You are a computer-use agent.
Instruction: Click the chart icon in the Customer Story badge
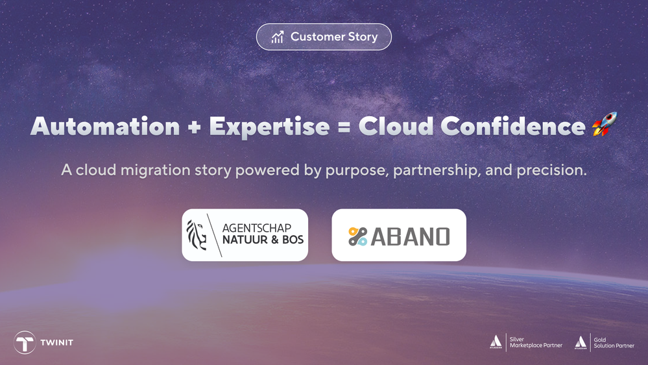(x=278, y=37)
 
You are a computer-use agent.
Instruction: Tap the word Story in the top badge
(x=363, y=37)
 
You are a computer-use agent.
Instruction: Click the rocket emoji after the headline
(x=605, y=124)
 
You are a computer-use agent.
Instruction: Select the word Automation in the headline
(x=105, y=126)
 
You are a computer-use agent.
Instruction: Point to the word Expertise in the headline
(x=269, y=127)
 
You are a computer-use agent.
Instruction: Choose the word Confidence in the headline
(x=513, y=126)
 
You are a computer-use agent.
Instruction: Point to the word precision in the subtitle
(x=552, y=171)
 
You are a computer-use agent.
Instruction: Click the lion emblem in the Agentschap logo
(x=197, y=234)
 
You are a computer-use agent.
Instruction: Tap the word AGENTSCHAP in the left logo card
(x=257, y=227)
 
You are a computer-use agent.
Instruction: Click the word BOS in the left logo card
(x=293, y=240)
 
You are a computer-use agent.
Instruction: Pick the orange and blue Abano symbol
(x=357, y=236)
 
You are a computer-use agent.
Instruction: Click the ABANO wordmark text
(x=410, y=236)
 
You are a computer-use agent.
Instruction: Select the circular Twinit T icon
(x=25, y=342)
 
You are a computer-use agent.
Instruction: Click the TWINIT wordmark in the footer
(x=56, y=343)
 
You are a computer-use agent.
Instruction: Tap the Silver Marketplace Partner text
(x=536, y=342)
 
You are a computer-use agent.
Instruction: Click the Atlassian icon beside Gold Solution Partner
(x=581, y=342)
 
